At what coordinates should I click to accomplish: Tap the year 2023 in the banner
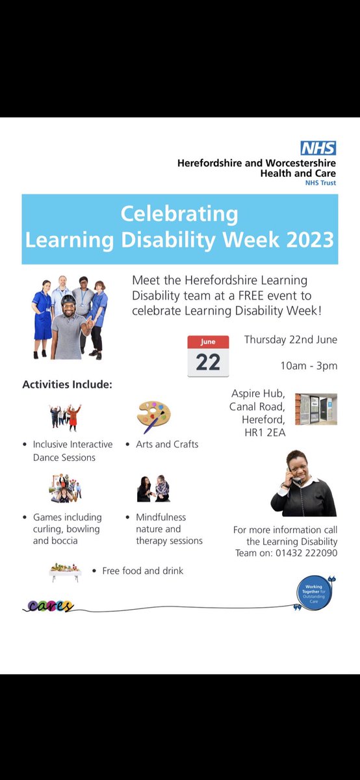coord(303,240)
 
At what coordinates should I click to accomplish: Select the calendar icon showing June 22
coord(208,356)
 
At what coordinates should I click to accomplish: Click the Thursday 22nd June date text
coord(290,340)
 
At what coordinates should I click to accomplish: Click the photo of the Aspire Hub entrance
coord(316,409)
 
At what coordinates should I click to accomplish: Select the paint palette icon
coord(153,417)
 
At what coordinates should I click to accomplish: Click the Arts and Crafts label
coord(167,445)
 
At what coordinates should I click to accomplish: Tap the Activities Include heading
coord(68,385)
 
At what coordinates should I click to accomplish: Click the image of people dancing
coord(65,417)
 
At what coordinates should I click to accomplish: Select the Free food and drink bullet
coord(142,571)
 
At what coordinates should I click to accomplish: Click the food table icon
coord(65,571)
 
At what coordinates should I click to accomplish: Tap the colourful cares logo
coord(48,606)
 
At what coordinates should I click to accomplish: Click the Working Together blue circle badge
coord(313,592)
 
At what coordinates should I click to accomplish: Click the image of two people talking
coord(153,489)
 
